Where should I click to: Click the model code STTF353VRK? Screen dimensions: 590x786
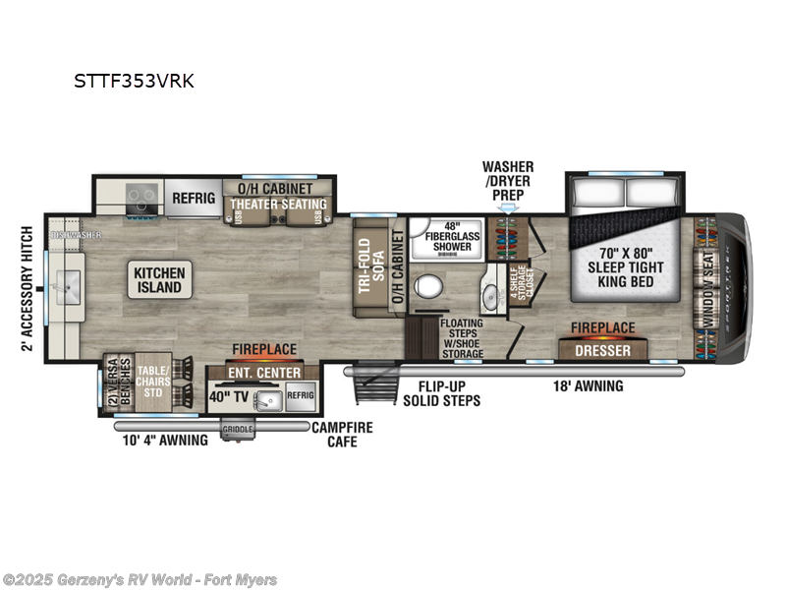click(x=134, y=82)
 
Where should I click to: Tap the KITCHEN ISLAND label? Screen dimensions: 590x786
click(x=159, y=279)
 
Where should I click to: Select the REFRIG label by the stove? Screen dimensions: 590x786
click(x=194, y=198)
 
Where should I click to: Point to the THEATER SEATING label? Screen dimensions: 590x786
click(x=277, y=204)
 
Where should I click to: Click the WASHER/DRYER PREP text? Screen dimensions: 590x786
click(x=508, y=181)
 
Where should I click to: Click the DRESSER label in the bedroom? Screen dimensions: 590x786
click(x=602, y=349)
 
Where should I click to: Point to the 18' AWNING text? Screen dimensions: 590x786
click(x=586, y=386)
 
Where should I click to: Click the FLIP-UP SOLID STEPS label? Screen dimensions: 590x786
click(x=441, y=393)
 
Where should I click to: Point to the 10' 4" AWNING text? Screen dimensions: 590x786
click(x=167, y=441)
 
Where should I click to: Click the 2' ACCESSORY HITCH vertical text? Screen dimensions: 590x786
click(x=28, y=288)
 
